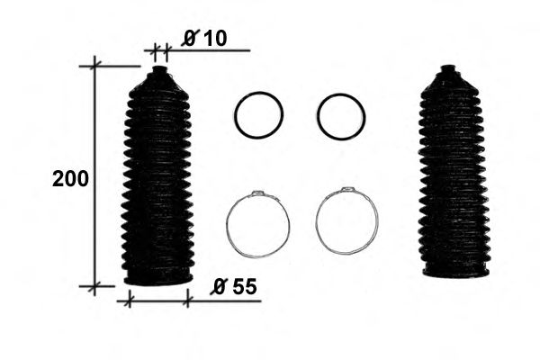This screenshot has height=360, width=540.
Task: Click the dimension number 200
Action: [x=70, y=178]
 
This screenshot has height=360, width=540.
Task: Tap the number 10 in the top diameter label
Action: [x=214, y=37]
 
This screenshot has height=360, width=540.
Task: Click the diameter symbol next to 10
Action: [x=191, y=37]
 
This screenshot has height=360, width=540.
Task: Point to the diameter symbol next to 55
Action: [x=219, y=287]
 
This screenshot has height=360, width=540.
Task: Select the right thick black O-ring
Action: [x=341, y=116]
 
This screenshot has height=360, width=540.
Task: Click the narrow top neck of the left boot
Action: [x=159, y=72]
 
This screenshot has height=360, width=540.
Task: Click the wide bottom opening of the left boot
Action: [x=157, y=277]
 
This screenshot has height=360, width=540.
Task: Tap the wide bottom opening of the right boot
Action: [x=456, y=270]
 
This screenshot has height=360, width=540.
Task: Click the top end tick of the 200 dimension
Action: [x=95, y=65]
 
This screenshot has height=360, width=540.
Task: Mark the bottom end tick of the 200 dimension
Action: [x=95, y=286]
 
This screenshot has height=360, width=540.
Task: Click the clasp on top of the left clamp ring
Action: [x=258, y=193]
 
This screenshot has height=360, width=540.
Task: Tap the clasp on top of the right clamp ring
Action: [x=347, y=191]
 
